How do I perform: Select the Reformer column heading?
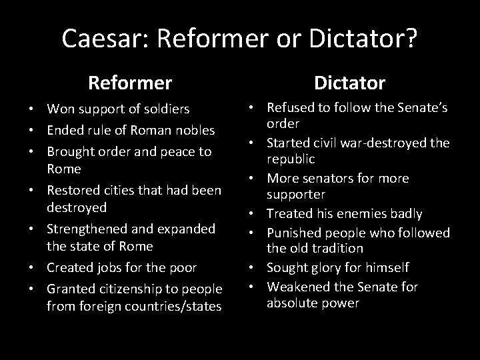click(x=130, y=83)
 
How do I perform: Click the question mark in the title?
click(x=411, y=39)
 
